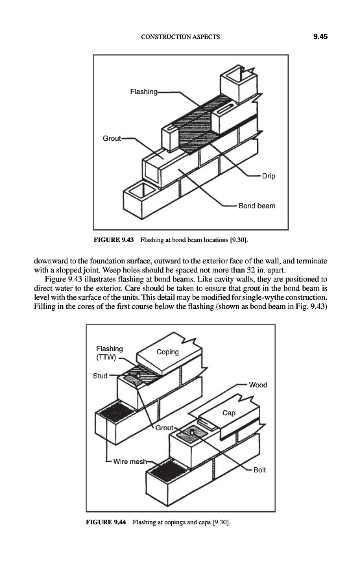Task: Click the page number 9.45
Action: [x=320, y=36]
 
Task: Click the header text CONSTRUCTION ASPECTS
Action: [x=180, y=37]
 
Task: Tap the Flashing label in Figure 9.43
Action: [x=144, y=91]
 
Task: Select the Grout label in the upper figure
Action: [x=112, y=139]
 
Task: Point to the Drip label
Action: [x=269, y=176]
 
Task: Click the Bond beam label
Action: [x=257, y=206]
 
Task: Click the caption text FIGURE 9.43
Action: [x=114, y=240]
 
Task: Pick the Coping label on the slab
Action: [x=167, y=352]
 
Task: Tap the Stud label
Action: [x=100, y=376]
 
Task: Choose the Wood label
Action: [x=258, y=385]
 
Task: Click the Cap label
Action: [x=229, y=413]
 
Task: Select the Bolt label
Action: [x=259, y=470]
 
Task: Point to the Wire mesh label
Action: [x=130, y=461]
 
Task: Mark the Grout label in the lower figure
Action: [x=164, y=428]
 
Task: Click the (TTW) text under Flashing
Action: [x=106, y=358]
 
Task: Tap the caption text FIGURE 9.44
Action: [x=106, y=522]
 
